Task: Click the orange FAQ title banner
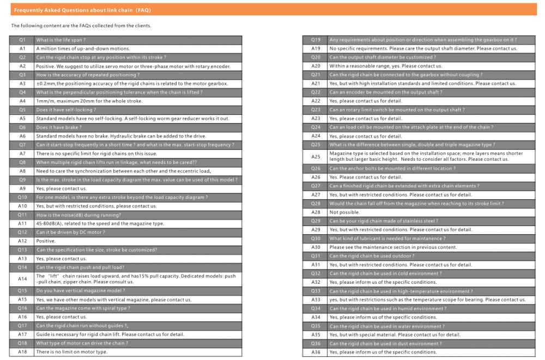point(272,10)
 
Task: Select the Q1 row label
point(22,40)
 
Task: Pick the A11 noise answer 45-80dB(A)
point(100,223)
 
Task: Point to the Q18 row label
point(22,343)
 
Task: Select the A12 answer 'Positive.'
point(46,241)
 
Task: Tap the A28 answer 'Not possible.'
point(344,212)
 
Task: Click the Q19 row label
point(316,40)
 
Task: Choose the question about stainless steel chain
point(383,221)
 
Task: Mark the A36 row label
point(316,352)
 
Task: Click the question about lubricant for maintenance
point(387,239)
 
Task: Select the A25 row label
point(316,157)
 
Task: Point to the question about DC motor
point(70,232)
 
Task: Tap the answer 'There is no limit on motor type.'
point(71,352)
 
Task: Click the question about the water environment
point(386,326)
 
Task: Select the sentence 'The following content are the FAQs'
point(81,26)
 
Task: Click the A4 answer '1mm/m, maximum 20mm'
point(89,101)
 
